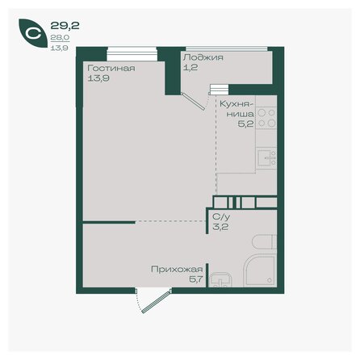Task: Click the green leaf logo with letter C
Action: click(x=32, y=33)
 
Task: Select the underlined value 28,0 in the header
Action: click(x=58, y=36)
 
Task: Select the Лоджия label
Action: click(x=203, y=58)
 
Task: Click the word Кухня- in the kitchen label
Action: click(x=236, y=104)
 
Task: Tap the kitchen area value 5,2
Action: click(x=245, y=125)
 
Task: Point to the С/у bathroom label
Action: click(x=220, y=217)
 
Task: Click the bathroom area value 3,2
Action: click(x=219, y=227)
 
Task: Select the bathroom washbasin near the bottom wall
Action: click(x=219, y=280)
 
